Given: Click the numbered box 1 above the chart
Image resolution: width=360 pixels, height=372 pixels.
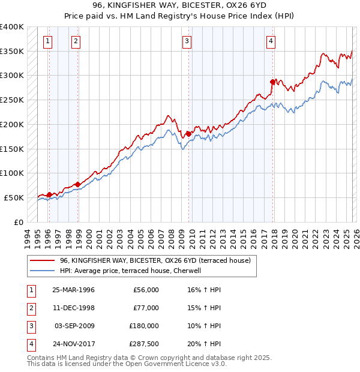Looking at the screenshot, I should (47, 41).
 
